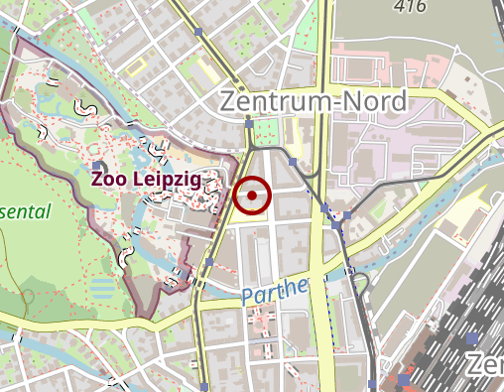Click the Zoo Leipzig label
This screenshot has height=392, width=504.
pyautogui.click(x=145, y=180)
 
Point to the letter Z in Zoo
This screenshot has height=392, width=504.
pyautogui.click(x=96, y=180)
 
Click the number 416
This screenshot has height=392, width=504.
pyautogui.click(x=409, y=6)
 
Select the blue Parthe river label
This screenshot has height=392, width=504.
pyautogui.click(x=274, y=292)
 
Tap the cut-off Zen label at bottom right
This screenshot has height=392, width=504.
pyautogui.click(x=485, y=363)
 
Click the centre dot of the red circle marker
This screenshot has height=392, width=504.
pyautogui.click(x=253, y=196)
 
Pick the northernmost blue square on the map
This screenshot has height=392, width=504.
pyautogui.click(x=198, y=32)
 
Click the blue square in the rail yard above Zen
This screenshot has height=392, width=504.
pyautogui.click(x=469, y=338)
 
